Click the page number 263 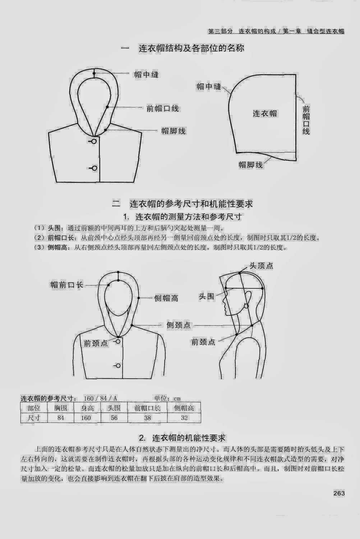pyautogui.click(x=339, y=493)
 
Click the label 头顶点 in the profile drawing pyautogui.click(x=261, y=266)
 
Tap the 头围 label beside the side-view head pyautogui.click(x=206, y=296)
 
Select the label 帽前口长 pyautogui.click(x=67, y=285)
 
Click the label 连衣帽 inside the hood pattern pyautogui.click(x=265, y=113)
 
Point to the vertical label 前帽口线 pyautogui.click(x=306, y=120)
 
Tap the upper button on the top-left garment pyautogui.click(x=94, y=141)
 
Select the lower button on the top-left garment pyautogui.click(x=94, y=168)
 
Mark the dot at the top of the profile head pyautogui.click(x=240, y=273)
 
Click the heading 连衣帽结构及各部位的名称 pyautogui.click(x=191, y=49)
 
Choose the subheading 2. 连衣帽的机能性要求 pyautogui.click(x=182, y=438)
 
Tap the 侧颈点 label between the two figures pyautogui.click(x=179, y=325)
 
